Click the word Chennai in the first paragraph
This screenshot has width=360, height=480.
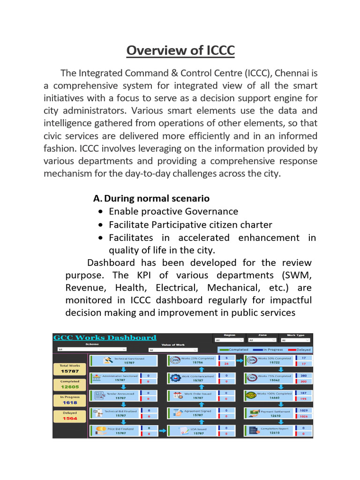(292, 74)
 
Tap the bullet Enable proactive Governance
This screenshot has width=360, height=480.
(173, 211)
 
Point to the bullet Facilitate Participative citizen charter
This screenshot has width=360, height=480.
(190, 225)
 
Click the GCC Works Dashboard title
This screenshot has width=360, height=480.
(105, 337)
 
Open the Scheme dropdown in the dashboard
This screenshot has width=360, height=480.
(91, 349)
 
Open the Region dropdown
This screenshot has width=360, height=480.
(229, 340)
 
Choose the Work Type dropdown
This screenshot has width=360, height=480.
(295, 340)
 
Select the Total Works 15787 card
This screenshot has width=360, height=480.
(69, 368)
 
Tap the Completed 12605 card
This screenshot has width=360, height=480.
(69, 384)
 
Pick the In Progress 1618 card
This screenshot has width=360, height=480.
(69, 400)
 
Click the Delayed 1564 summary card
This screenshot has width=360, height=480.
(69, 416)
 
